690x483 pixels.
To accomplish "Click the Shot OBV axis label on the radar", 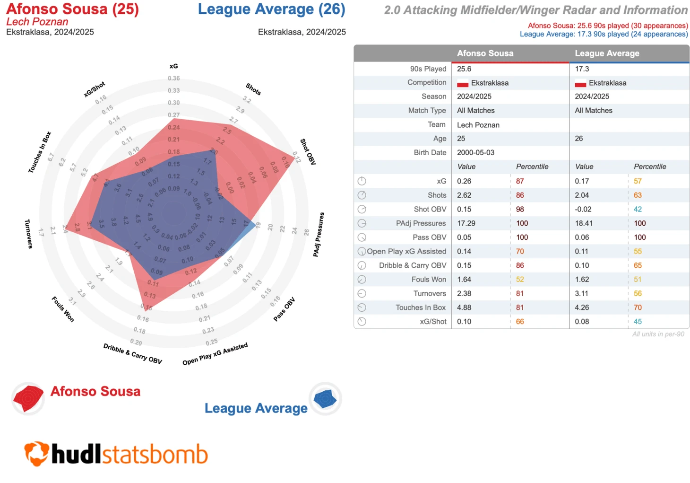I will pyautogui.click(x=308, y=152).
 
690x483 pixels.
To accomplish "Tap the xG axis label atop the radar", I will pyautogui.click(x=173, y=66).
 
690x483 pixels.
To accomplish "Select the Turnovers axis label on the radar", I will pyautogui.click(x=28, y=234).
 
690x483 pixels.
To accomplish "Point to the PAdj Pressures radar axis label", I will pyautogui.click(x=319, y=235).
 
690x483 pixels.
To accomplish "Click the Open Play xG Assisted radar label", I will pyautogui.click(x=215, y=354).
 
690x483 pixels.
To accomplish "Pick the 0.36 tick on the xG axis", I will pyautogui.click(x=173, y=79).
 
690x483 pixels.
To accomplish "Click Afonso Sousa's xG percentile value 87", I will pyautogui.click(x=520, y=181).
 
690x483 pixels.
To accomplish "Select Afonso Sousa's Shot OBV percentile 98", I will pyautogui.click(x=520, y=209).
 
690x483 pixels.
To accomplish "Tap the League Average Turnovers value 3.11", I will pyautogui.click(x=582, y=293).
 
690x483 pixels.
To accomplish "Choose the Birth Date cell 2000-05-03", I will pyautogui.click(x=475, y=153).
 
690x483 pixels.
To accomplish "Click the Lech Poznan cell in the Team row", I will pyautogui.click(x=478, y=125).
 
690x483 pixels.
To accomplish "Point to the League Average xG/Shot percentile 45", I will pyautogui.click(x=638, y=322).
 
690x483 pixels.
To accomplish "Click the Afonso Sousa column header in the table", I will pyautogui.click(x=485, y=53).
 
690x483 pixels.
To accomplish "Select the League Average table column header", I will pyautogui.click(x=607, y=53).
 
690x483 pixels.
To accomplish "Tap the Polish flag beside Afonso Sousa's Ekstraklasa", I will pyautogui.click(x=463, y=83).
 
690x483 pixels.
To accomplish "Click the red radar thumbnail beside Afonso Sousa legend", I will pyautogui.click(x=28, y=398).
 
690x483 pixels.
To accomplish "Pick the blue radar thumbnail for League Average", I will pyautogui.click(x=325, y=399).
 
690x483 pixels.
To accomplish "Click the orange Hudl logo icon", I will pyautogui.click(x=36, y=453).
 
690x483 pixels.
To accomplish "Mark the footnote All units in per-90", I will pyautogui.click(x=658, y=334).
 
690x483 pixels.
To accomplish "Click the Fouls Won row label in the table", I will pyautogui.click(x=428, y=280).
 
